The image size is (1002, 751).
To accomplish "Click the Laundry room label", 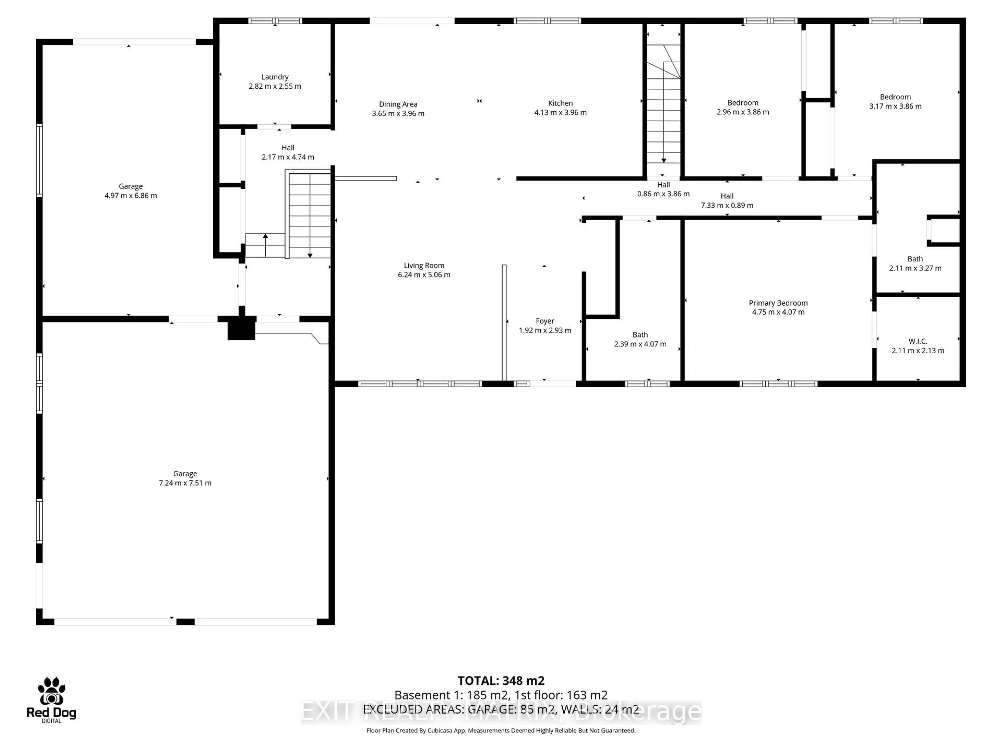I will (x=275, y=77).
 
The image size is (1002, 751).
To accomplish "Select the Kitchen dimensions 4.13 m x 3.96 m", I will (x=560, y=113).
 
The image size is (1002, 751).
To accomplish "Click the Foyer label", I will (x=545, y=321).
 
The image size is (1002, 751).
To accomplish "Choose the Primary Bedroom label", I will (x=778, y=303).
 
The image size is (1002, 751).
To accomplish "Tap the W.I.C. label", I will (x=917, y=341).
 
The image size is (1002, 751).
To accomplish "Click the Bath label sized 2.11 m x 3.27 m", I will (x=915, y=259).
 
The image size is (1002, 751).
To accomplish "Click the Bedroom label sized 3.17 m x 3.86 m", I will (x=895, y=97).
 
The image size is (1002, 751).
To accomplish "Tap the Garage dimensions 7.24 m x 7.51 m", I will (x=185, y=483).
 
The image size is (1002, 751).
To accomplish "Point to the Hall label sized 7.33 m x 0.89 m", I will (x=727, y=196).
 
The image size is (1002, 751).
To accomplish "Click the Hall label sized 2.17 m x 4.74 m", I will (x=288, y=148).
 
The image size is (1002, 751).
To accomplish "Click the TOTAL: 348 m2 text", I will (x=500, y=681).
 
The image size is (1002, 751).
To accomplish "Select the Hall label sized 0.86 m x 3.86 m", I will (x=663, y=185).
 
